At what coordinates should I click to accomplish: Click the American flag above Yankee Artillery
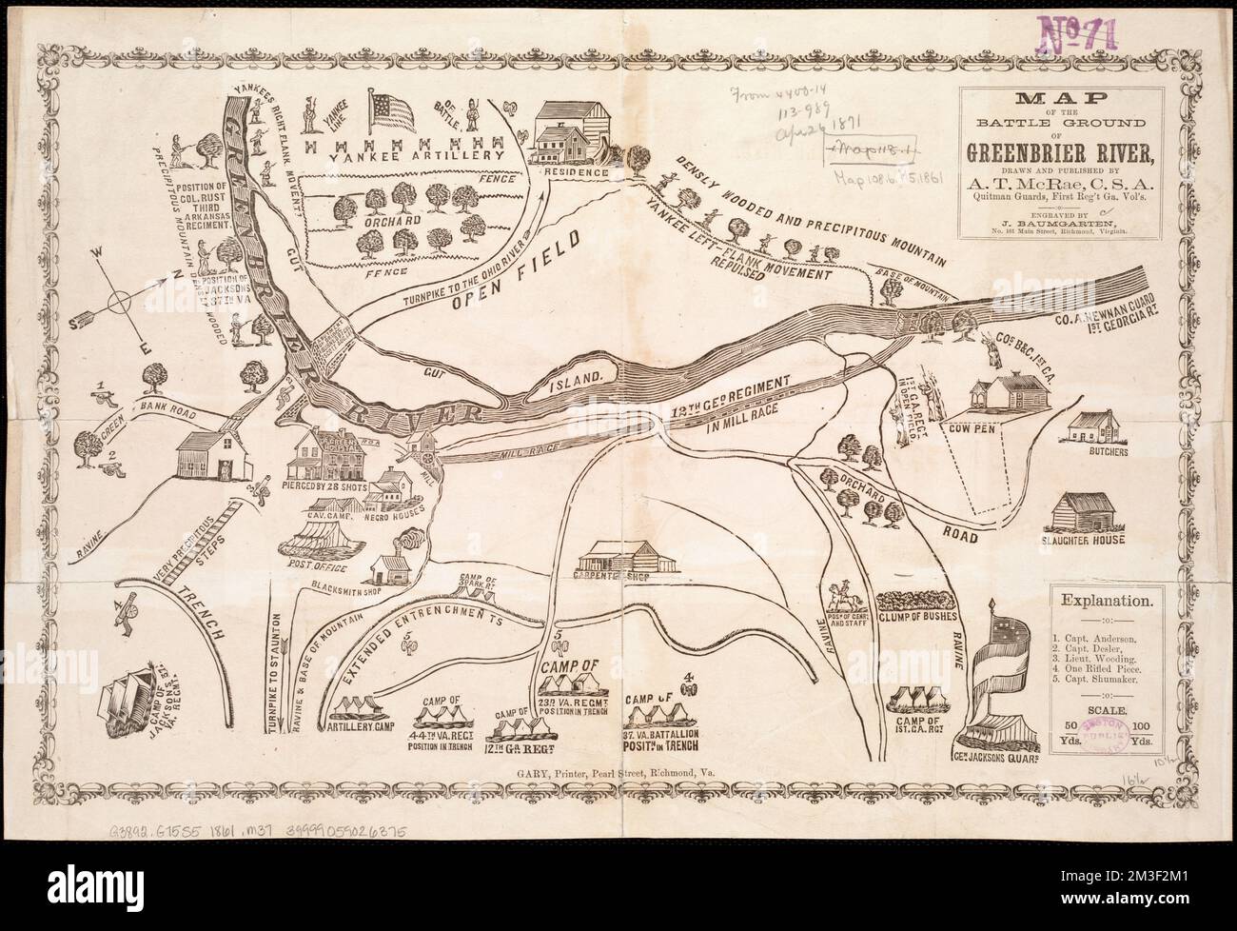[x=392, y=110]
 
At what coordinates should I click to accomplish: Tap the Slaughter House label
[x=1085, y=540]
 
